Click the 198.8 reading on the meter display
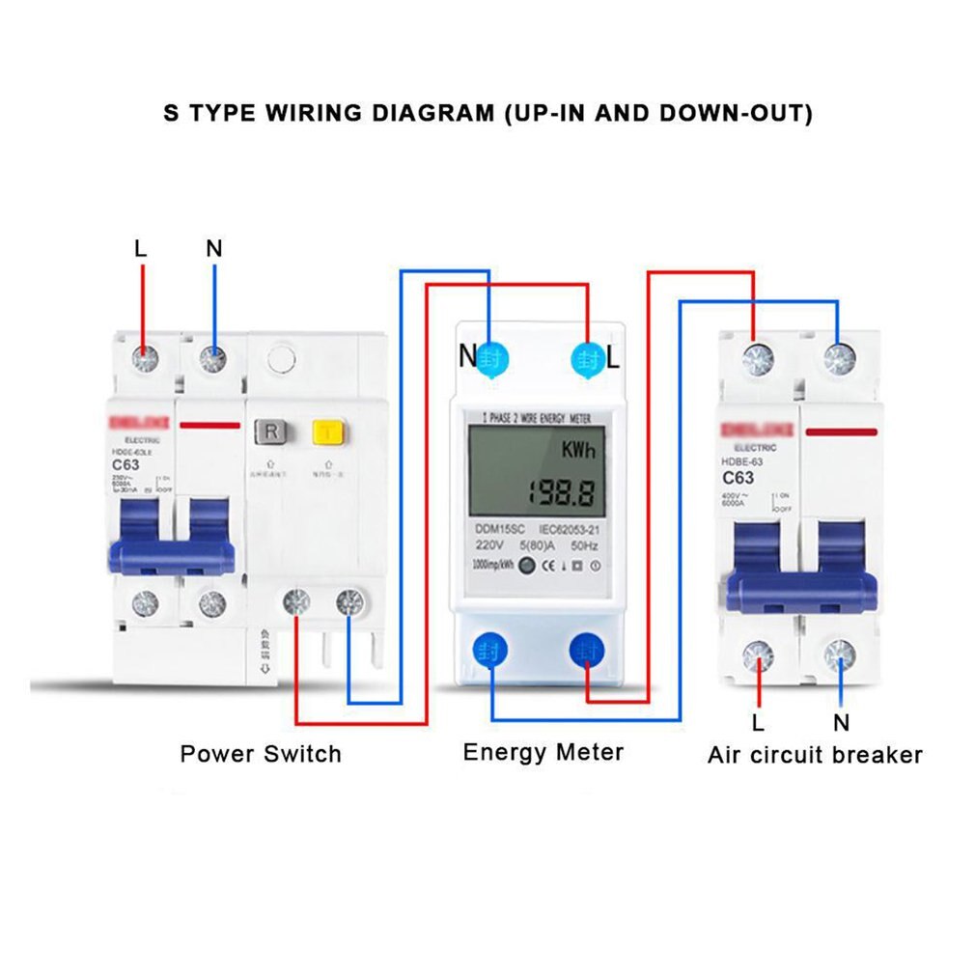[x=559, y=493]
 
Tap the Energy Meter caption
[x=543, y=751]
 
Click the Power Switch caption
[x=261, y=753]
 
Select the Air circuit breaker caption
[x=814, y=754]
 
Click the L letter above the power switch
[x=141, y=248]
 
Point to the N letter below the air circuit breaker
[x=841, y=721]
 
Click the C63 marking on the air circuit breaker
[x=738, y=477]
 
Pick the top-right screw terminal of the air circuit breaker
[x=840, y=361]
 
